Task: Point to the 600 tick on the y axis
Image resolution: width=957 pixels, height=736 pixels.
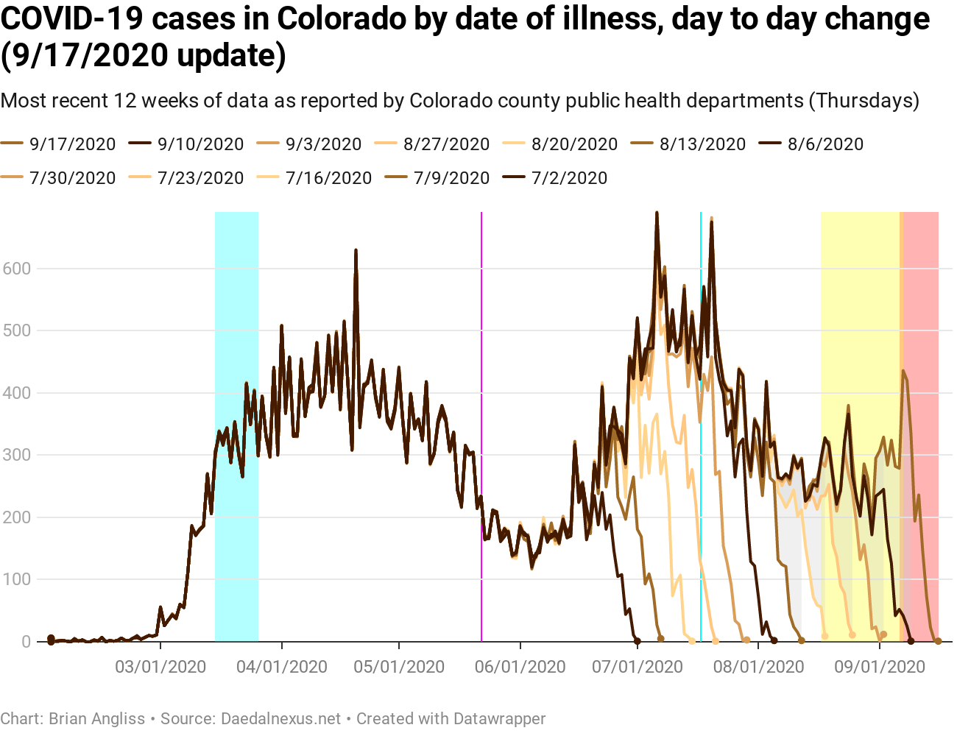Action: [x=16, y=269]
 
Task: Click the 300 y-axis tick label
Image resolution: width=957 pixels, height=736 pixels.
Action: [x=16, y=455]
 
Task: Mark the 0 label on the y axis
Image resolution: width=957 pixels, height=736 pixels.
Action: [x=27, y=642]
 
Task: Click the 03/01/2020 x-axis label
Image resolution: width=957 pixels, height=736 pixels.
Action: [x=160, y=667]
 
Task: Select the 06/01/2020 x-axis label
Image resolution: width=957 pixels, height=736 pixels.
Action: [x=520, y=667]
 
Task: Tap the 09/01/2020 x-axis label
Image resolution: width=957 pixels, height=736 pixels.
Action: [x=880, y=667]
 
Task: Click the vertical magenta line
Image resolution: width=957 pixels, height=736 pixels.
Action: [x=481, y=427]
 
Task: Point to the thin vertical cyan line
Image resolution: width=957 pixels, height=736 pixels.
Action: [x=701, y=427]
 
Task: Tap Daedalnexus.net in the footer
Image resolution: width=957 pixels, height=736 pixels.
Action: [x=281, y=718]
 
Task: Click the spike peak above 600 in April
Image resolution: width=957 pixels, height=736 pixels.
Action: [x=356, y=251]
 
